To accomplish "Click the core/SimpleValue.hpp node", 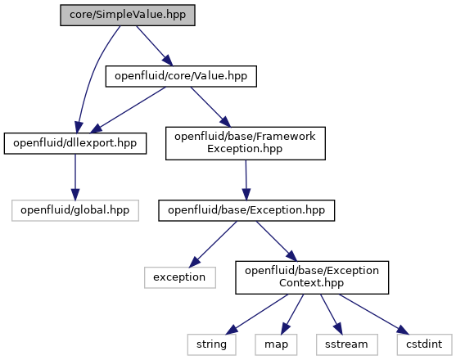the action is (128, 15).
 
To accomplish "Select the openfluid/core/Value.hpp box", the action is (181, 76).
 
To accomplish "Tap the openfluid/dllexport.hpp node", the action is (75, 143).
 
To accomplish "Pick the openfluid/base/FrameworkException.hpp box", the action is (246, 143).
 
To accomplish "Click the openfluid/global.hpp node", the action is (75, 210).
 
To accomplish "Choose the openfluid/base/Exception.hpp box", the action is (246, 210).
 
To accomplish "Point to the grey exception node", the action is (180, 277).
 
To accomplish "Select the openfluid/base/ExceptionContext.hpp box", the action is (312, 277).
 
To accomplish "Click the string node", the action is (211, 344).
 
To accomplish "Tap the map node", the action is (276, 344).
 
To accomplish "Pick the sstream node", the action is (346, 344).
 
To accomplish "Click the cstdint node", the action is (424, 344).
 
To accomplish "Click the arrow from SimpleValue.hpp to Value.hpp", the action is (155, 46).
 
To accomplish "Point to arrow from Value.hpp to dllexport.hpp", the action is (129, 110).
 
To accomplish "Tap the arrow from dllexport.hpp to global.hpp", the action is (75, 177).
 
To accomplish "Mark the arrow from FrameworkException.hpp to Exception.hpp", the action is (246, 180).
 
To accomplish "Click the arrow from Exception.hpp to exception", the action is (213, 245).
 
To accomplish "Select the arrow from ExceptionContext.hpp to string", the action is (257, 314).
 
